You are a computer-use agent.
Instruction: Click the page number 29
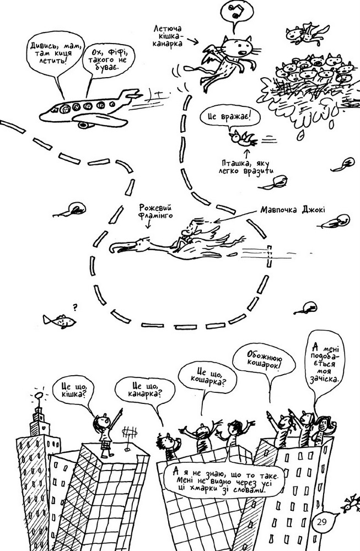click(321, 521)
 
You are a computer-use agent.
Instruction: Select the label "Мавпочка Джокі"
click(293, 210)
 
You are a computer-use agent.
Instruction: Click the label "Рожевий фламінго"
click(155, 211)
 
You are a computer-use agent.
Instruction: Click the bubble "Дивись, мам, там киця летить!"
click(56, 53)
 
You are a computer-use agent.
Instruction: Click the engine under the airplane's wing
click(84, 125)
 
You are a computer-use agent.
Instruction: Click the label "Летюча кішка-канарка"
click(168, 36)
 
